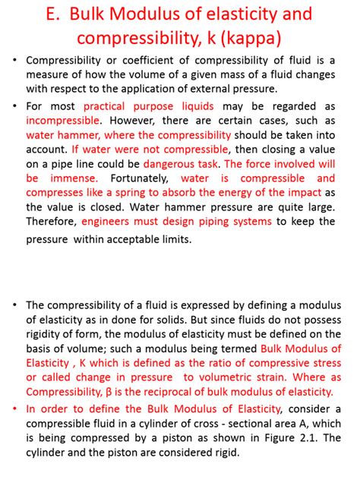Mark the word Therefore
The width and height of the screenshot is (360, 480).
51,221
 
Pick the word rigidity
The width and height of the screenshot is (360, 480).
47,334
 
